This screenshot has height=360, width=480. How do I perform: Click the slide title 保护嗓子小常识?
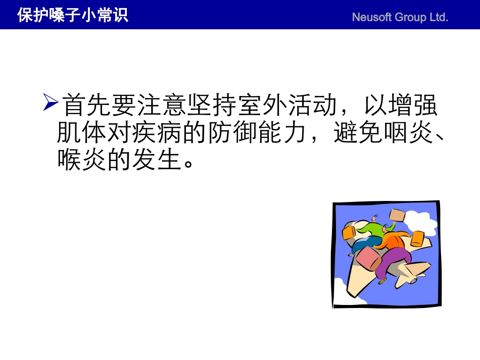(x=72, y=15)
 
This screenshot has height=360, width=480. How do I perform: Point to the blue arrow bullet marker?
(x=51, y=102)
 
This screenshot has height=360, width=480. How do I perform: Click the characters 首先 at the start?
(x=86, y=106)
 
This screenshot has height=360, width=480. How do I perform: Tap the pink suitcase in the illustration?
(x=368, y=258)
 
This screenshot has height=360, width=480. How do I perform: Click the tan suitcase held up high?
(x=397, y=216)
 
